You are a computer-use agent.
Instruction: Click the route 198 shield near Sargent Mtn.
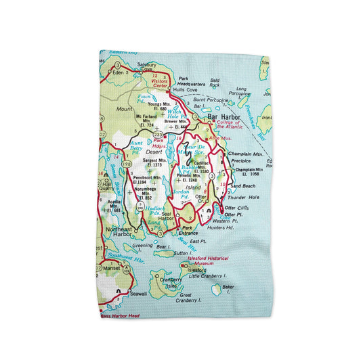(x=127, y=163)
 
